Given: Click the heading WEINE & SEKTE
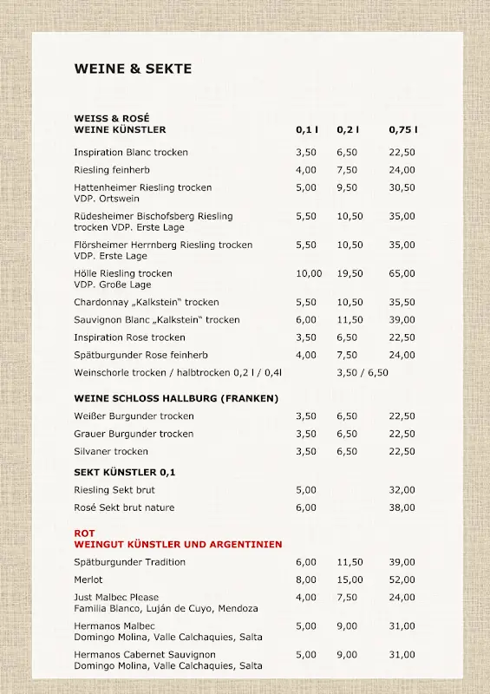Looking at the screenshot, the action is tap(133, 69).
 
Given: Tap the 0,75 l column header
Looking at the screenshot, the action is tap(402, 130).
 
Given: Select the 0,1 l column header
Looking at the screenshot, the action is tap(307, 130).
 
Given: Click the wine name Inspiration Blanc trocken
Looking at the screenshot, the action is tap(131, 153).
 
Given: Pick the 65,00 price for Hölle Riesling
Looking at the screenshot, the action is tap(402, 273).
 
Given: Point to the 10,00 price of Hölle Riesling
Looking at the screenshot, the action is tap(309, 273).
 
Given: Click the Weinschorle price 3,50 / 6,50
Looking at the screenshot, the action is tap(363, 373).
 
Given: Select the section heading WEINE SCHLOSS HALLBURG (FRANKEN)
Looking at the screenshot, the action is tap(176, 399).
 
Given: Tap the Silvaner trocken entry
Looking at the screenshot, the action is tap(111, 451).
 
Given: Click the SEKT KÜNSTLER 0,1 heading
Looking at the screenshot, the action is tap(125, 472).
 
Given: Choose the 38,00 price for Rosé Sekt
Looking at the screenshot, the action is tap(402, 507).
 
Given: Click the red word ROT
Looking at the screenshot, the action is tap(84, 533).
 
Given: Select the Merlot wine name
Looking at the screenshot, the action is tap(88, 579).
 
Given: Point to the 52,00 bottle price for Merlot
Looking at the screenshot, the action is tap(402, 579).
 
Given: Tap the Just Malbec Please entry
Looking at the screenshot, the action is tap(116, 597).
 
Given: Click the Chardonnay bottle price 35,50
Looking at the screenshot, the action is tap(402, 303).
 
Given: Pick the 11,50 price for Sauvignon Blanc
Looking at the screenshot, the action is tap(350, 320).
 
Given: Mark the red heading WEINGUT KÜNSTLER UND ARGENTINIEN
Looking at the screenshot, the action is tap(178, 545).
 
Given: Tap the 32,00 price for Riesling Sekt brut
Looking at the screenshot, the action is tap(402, 490).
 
